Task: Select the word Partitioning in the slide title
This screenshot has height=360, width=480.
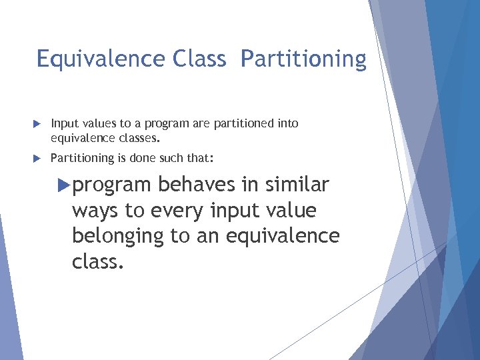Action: [303, 60]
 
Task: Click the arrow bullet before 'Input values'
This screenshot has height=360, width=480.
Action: [37, 124]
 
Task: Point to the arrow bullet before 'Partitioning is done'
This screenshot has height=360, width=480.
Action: [37, 158]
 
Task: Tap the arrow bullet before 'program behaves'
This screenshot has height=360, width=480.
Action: [64, 184]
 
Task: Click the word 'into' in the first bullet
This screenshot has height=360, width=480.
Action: [287, 124]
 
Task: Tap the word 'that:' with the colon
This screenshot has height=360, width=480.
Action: [201, 159]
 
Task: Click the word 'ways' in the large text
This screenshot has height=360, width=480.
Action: [95, 211]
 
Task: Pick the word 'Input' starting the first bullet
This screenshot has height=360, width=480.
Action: [63, 124]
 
